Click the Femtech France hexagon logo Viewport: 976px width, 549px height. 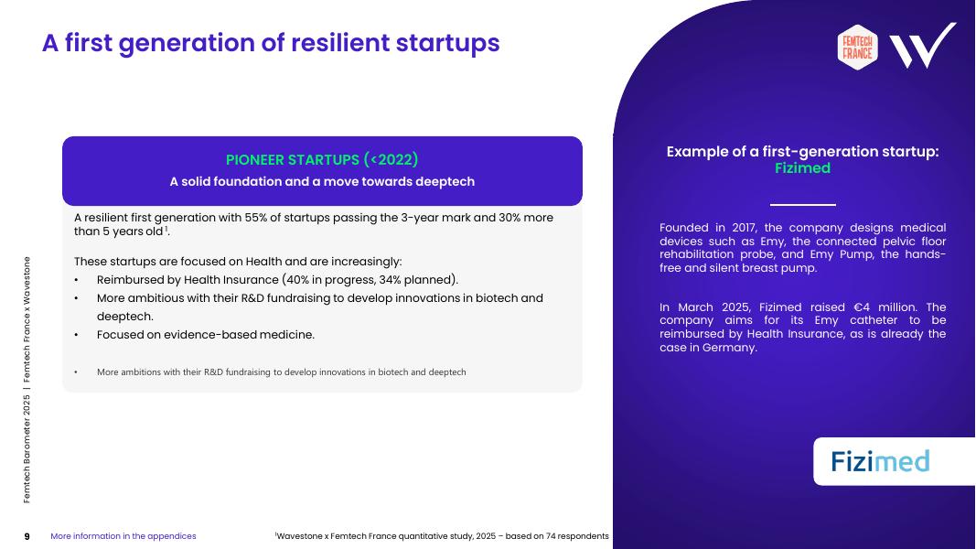(857, 48)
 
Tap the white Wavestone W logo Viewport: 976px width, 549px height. (922, 46)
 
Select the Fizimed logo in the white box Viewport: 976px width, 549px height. (880, 461)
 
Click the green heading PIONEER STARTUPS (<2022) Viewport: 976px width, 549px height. (322, 160)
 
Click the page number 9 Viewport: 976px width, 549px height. (27, 536)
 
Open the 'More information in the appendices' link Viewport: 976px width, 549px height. (123, 536)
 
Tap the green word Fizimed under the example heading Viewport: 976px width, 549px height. (802, 168)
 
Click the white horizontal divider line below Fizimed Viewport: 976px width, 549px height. (802, 204)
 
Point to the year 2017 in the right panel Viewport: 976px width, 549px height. (744, 228)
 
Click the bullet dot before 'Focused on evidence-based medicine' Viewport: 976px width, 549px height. (76, 335)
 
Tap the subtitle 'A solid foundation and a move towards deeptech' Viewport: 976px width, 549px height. (322, 182)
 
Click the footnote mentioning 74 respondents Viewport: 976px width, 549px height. (442, 536)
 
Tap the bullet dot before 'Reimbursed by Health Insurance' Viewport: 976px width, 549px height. (76, 280)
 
